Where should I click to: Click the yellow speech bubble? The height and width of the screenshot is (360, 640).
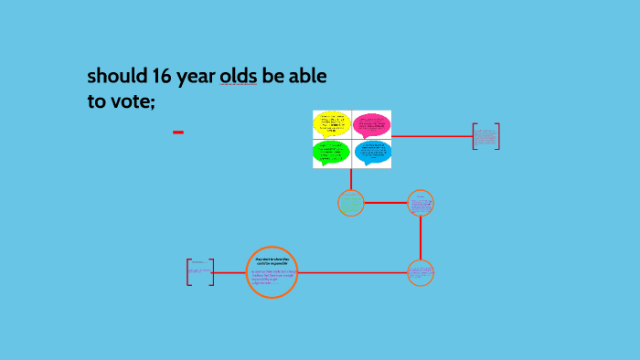(331, 123)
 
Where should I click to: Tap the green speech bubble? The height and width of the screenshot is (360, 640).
(331, 152)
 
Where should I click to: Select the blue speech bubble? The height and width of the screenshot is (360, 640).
(372, 152)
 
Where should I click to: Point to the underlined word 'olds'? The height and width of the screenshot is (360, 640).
(238, 77)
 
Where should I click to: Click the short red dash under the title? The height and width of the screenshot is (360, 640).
(178, 132)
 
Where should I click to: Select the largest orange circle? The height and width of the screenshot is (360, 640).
(272, 272)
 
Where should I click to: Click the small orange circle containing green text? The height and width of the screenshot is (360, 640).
(351, 203)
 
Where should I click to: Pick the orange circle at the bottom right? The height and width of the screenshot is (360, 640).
(421, 272)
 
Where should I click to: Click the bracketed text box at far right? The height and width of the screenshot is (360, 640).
(485, 136)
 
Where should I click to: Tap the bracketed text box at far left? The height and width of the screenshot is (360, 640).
(200, 271)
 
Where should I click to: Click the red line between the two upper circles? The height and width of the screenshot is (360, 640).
(385, 203)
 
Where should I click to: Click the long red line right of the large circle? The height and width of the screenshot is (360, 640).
(352, 272)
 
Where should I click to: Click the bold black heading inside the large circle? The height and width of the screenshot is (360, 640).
(272, 262)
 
